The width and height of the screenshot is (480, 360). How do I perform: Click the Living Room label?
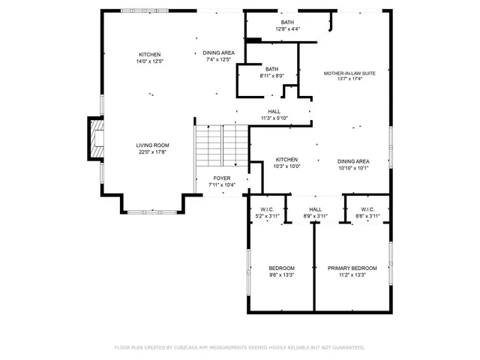pos(151,145)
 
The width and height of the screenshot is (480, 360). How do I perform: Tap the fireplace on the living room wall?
pos(95,139)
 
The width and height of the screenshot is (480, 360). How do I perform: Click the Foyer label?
pos(221,178)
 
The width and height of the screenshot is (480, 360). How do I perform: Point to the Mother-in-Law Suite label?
pos(349,73)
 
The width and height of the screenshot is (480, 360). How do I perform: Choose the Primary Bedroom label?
pos(352,268)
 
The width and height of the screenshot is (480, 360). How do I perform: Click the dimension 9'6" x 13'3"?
pos(282,274)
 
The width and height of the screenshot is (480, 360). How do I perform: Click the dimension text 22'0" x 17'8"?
pos(151,152)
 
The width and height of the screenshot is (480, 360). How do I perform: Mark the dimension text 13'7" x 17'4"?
pos(349,79)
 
